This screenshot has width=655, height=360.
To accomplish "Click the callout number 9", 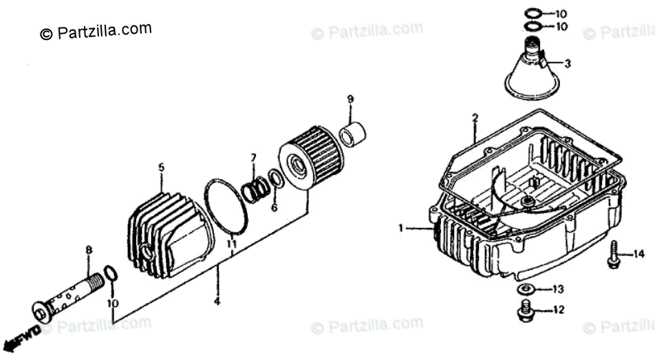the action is (x=350, y=100).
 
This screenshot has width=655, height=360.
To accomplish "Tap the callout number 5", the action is (x=162, y=167).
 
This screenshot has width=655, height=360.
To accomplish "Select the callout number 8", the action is (x=88, y=250).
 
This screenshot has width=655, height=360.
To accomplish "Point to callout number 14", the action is (x=640, y=254).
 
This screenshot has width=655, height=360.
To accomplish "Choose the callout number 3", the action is (x=568, y=64).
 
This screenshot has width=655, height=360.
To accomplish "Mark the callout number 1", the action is (x=401, y=227).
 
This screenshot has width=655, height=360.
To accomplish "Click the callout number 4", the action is (x=217, y=301).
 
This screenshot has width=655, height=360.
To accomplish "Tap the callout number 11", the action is (x=232, y=244).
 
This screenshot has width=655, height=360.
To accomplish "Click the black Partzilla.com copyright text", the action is (x=96, y=31).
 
